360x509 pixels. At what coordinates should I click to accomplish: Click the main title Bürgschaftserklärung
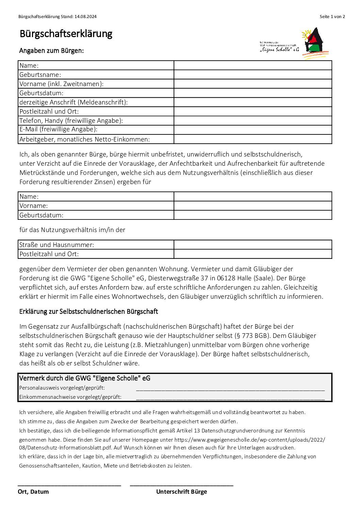coord(66,34)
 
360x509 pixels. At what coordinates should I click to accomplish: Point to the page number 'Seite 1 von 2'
coord(332,16)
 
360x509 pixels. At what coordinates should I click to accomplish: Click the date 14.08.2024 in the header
coord(85,16)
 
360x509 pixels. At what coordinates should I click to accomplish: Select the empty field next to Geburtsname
coord(252,75)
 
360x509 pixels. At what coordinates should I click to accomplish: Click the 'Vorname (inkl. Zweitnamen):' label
coord(61,84)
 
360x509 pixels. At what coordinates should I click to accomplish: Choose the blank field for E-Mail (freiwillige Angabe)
coord(252,130)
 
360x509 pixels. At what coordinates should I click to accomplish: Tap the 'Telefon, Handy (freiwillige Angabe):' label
coord(71,120)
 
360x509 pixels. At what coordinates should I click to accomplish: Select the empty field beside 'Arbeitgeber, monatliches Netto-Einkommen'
coord(252,139)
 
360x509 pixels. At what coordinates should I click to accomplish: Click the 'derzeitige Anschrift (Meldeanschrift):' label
coord(73,102)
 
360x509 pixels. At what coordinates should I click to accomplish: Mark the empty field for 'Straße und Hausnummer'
coord(252,245)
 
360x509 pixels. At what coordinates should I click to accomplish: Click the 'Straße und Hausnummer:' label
coord(56,245)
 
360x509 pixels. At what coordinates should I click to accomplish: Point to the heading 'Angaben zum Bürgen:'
coord(51,51)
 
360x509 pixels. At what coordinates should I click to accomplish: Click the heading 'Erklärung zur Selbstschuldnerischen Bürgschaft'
coord(88,311)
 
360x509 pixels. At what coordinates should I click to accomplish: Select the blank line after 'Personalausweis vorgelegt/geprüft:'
coord(230,389)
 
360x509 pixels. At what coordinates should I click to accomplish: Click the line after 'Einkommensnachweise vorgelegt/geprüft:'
coord(230,397)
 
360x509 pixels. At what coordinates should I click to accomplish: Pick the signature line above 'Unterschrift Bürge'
coord(181,485)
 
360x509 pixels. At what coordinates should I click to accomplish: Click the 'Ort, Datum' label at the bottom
coord(33,492)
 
